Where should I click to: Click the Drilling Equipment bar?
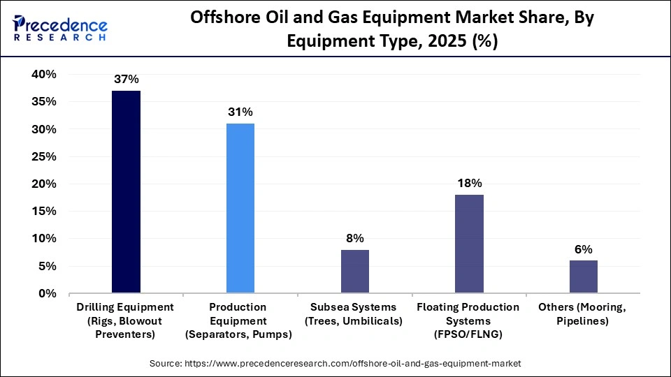coord(126,192)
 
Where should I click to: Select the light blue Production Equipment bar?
coord(240,208)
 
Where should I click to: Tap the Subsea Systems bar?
coord(355,272)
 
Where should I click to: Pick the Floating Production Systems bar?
coord(469,244)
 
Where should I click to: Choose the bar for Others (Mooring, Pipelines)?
coord(584,276)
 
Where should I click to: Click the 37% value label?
coord(126,79)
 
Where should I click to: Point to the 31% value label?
coord(240,112)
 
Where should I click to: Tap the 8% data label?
coord(355,238)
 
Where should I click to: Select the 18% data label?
coord(469,183)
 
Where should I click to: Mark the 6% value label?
coord(584,249)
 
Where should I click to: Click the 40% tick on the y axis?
coord(44,75)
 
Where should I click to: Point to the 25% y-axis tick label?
coord(44,157)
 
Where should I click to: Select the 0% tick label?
coord(48,294)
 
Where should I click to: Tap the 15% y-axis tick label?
coord(44,212)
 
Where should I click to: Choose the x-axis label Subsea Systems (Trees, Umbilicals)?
coord(355,314)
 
